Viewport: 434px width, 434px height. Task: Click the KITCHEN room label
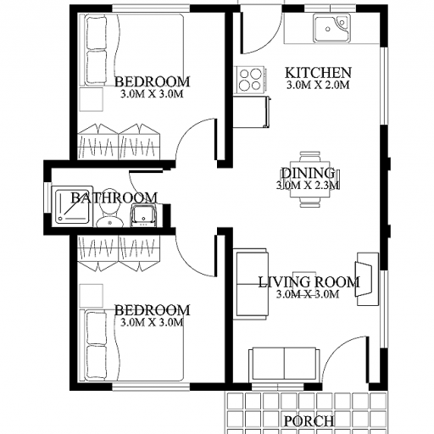(x=318, y=73)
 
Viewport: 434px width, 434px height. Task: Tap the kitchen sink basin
(x=332, y=28)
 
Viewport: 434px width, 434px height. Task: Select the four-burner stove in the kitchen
(x=250, y=80)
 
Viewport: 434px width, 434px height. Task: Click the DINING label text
(x=308, y=173)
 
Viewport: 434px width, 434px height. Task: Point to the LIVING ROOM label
(x=309, y=282)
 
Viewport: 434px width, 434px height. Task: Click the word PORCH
(x=309, y=421)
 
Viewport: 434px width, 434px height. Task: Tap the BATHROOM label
(x=114, y=198)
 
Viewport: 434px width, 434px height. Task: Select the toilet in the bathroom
(x=109, y=208)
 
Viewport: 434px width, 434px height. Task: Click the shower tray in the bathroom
(x=73, y=206)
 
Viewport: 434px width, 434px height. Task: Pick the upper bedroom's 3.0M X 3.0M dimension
(x=152, y=94)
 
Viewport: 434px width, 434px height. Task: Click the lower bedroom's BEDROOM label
(x=152, y=310)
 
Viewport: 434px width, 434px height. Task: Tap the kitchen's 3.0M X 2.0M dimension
(x=318, y=85)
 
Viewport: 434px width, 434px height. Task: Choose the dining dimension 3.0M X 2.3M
(x=308, y=186)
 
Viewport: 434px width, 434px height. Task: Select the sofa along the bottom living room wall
(x=284, y=365)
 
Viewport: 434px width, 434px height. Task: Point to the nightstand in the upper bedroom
(x=92, y=99)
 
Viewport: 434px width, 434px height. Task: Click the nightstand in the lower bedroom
(x=92, y=296)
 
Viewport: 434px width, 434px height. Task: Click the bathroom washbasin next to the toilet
(x=143, y=216)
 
